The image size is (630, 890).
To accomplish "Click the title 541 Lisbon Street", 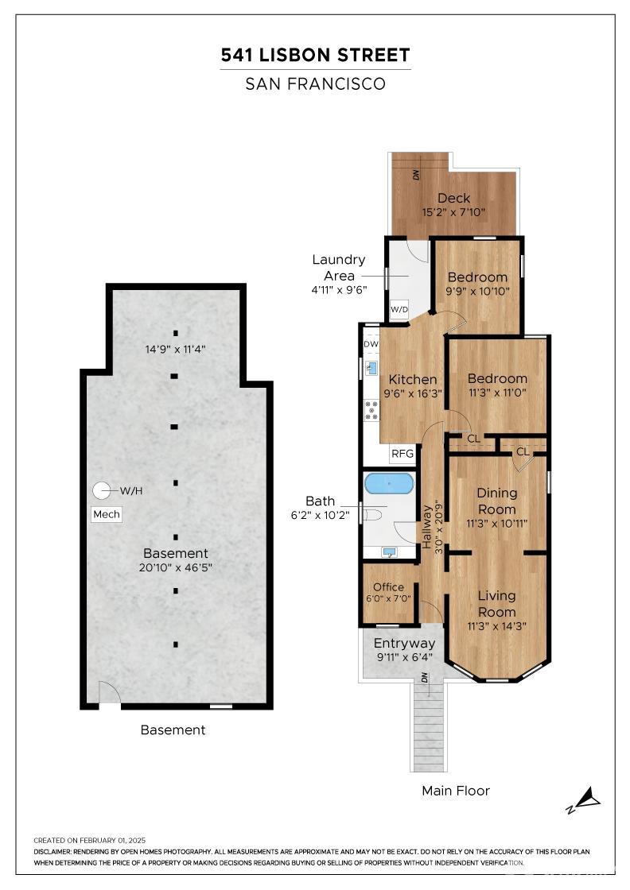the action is (x=315, y=55).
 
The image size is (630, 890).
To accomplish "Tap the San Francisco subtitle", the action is (x=315, y=84).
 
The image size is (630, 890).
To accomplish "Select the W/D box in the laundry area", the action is (x=399, y=309).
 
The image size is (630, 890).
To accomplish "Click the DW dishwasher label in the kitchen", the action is (x=371, y=344).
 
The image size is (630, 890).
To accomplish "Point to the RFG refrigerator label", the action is (x=402, y=454).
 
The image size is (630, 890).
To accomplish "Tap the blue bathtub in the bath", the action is (x=389, y=483).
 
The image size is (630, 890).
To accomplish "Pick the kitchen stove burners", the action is (x=371, y=410).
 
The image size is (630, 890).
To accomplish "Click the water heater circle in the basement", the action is (x=102, y=490).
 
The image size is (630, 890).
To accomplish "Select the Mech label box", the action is (x=107, y=514).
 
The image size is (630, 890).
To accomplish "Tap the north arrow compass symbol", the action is (x=585, y=800).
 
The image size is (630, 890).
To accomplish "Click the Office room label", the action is (x=388, y=587).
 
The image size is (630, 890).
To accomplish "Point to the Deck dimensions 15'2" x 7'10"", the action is (x=453, y=213).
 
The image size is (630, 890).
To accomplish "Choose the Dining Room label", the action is (x=497, y=501).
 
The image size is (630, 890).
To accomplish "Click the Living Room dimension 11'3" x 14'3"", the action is (x=496, y=626).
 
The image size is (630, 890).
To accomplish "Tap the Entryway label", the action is (x=404, y=644).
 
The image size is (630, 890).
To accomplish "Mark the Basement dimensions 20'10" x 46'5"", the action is (x=176, y=567).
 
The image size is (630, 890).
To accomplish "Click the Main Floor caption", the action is (x=456, y=791).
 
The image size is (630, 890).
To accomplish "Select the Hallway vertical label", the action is (x=426, y=527).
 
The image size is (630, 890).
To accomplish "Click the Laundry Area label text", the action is (x=339, y=267).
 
